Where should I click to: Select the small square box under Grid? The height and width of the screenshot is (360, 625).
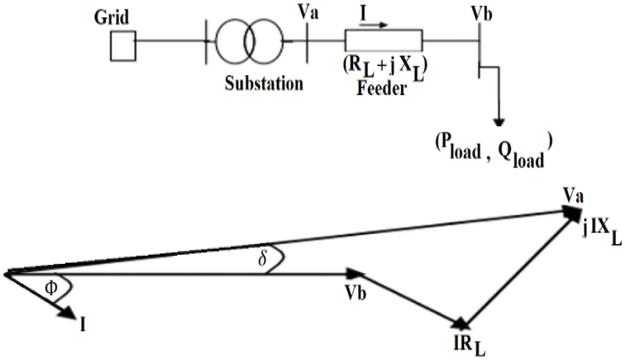coord(123,47)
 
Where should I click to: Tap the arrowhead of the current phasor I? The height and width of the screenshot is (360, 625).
coord(70,314)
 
